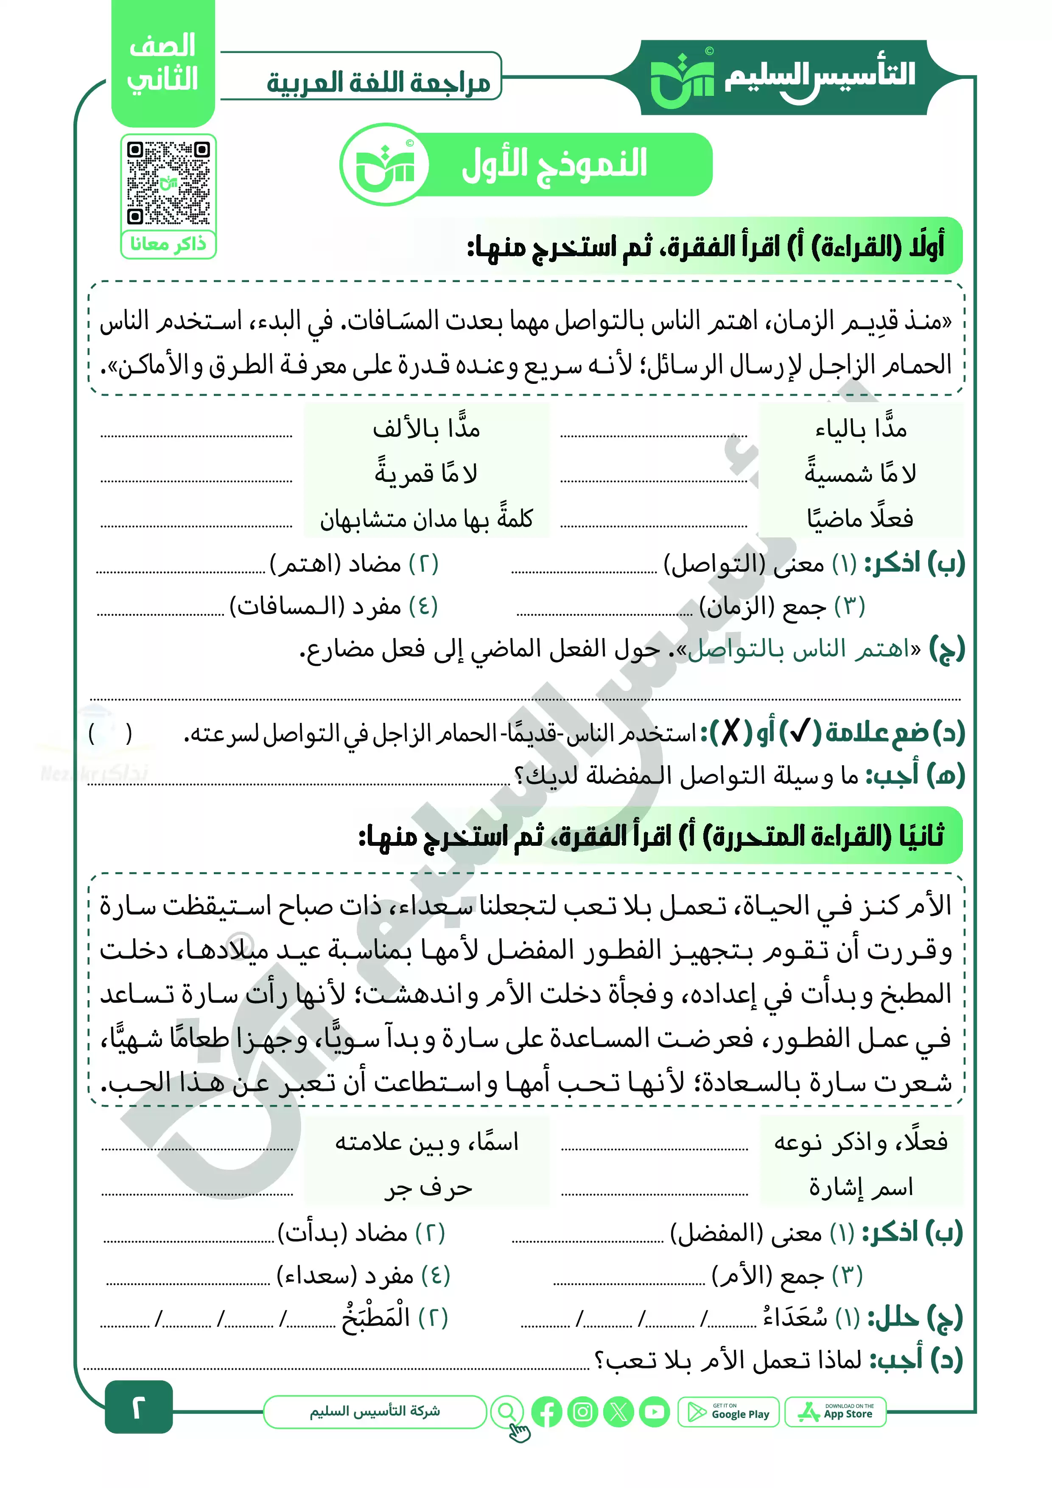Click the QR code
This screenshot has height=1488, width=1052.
pyautogui.click(x=168, y=183)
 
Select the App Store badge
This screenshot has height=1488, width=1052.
pyautogui.click(x=836, y=1412)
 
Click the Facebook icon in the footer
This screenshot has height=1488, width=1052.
pyautogui.click(x=546, y=1412)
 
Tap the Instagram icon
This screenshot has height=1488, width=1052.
pyautogui.click(x=582, y=1412)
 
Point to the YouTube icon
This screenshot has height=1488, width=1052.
pyautogui.click(x=655, y=1412)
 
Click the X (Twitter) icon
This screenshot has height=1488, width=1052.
pyautogui.click(x=618, y=1412)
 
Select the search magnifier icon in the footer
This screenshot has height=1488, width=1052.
pyautogui.click(x=507, y=1412)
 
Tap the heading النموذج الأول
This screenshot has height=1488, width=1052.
pyautogui.click(x=554, y=164)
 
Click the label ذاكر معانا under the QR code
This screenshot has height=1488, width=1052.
pyautogui.click(x=168, y=244)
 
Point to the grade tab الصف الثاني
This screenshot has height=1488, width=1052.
pyautogui.click(x=163, y=64)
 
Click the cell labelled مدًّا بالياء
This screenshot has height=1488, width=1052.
pyautogui.click(x=860, y=428)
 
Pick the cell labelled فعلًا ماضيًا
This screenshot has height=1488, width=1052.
pyautogui.click(x=860, y=518)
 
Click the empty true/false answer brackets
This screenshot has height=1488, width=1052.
pyautogui.click(x=110, y=734)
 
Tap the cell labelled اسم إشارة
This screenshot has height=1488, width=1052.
pyautogui.click(x=860, y=1187)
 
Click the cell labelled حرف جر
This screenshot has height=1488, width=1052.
pyautogui.click(x=427, y=1187)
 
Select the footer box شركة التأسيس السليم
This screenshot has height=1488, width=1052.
pyautogui.click(x=375, y=1412)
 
